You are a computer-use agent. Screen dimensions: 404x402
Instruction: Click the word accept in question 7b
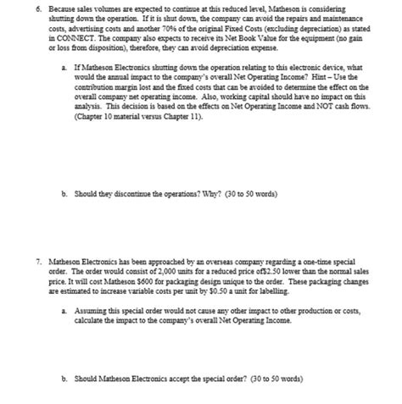pyautogui.click(x=170, y=378)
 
